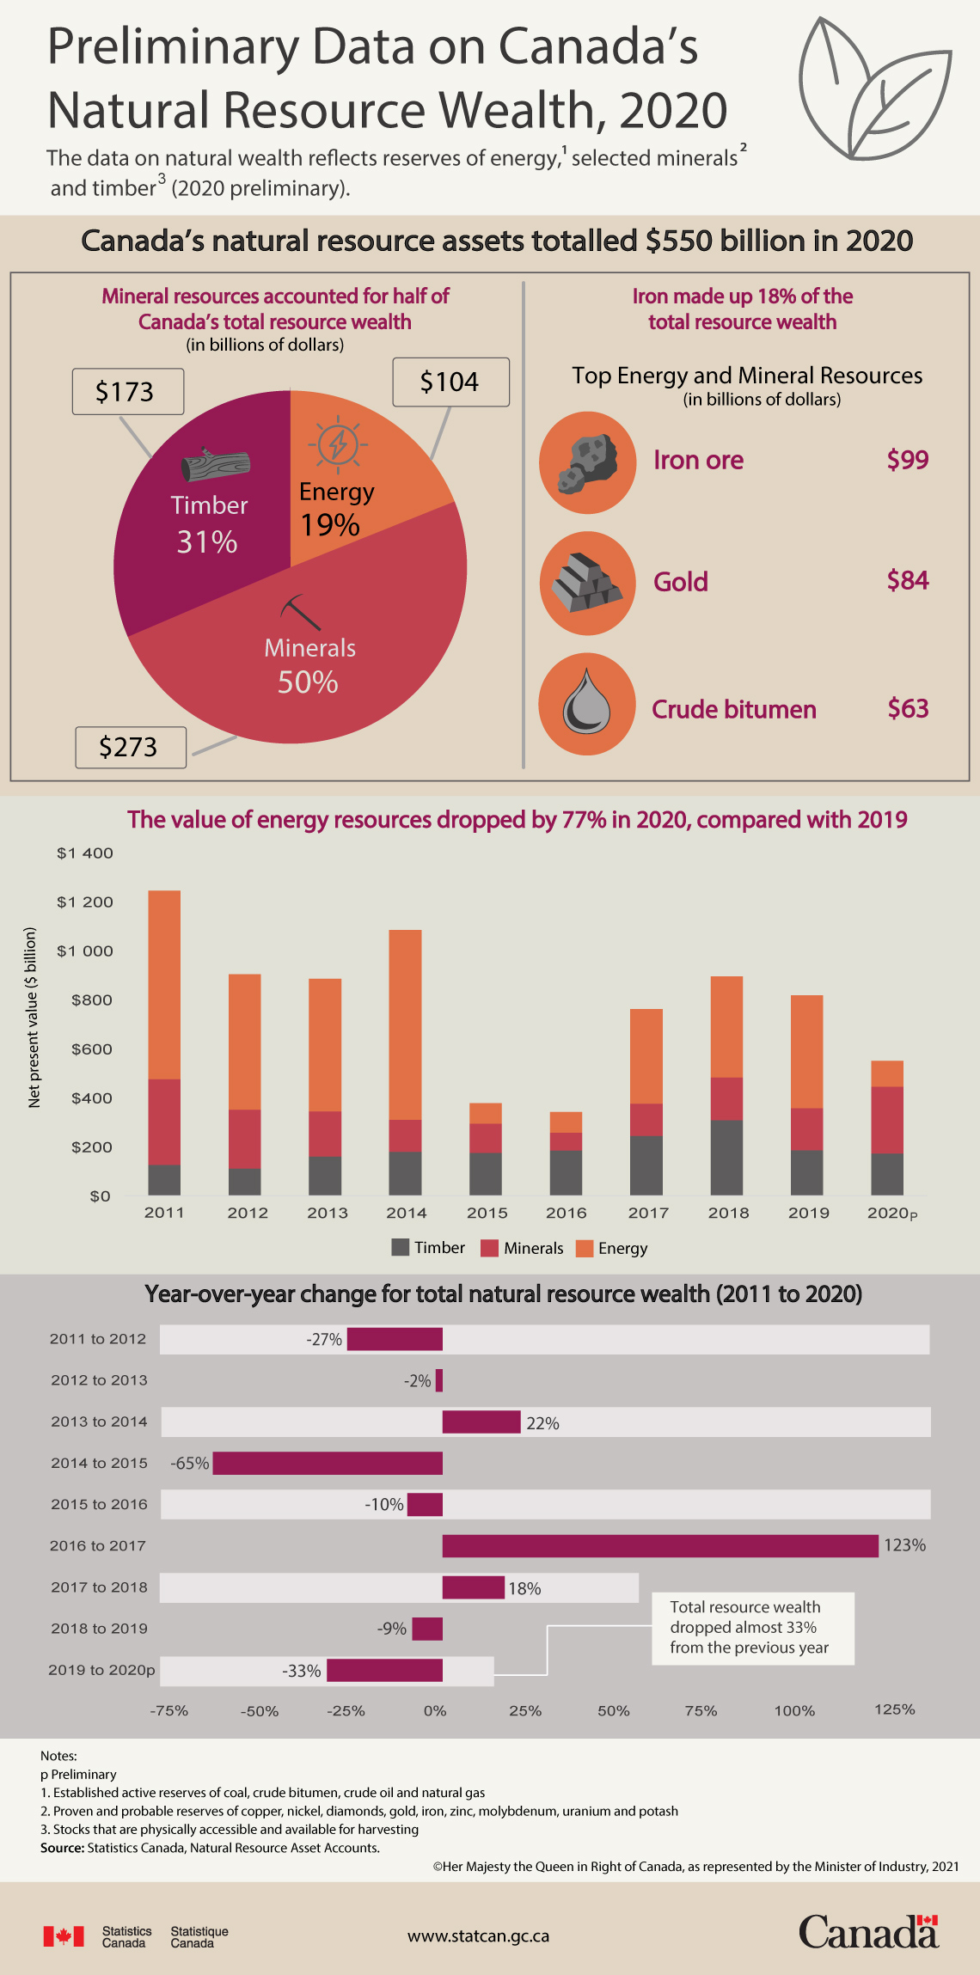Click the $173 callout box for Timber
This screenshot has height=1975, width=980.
[128, 392]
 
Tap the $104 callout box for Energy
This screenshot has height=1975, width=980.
[450, 382]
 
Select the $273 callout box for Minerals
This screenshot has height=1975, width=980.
[131, 747]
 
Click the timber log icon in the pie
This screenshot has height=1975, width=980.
[216, 465]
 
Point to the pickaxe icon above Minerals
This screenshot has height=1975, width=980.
[300, 612]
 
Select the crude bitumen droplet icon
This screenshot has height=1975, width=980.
[587, 704]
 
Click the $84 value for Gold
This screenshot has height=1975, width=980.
[908, 580]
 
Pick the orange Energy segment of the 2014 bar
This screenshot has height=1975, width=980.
[406, 1024]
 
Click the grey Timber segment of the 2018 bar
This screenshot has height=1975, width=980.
[726, 1158]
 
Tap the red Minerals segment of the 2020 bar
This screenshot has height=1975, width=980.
[887, 1120]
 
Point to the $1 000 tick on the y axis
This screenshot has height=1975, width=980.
[85, 951]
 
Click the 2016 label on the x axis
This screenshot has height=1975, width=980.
[567, 1213]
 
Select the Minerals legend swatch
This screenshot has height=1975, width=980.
[490, 1248]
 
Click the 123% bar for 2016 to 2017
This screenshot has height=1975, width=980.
[660, 1546]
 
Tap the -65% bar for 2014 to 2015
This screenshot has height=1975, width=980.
[328, 1464]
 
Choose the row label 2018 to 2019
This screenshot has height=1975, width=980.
[99, 1629]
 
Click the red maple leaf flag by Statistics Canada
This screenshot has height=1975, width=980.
[64, 1936]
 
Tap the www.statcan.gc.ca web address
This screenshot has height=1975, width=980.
[478, 1936]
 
